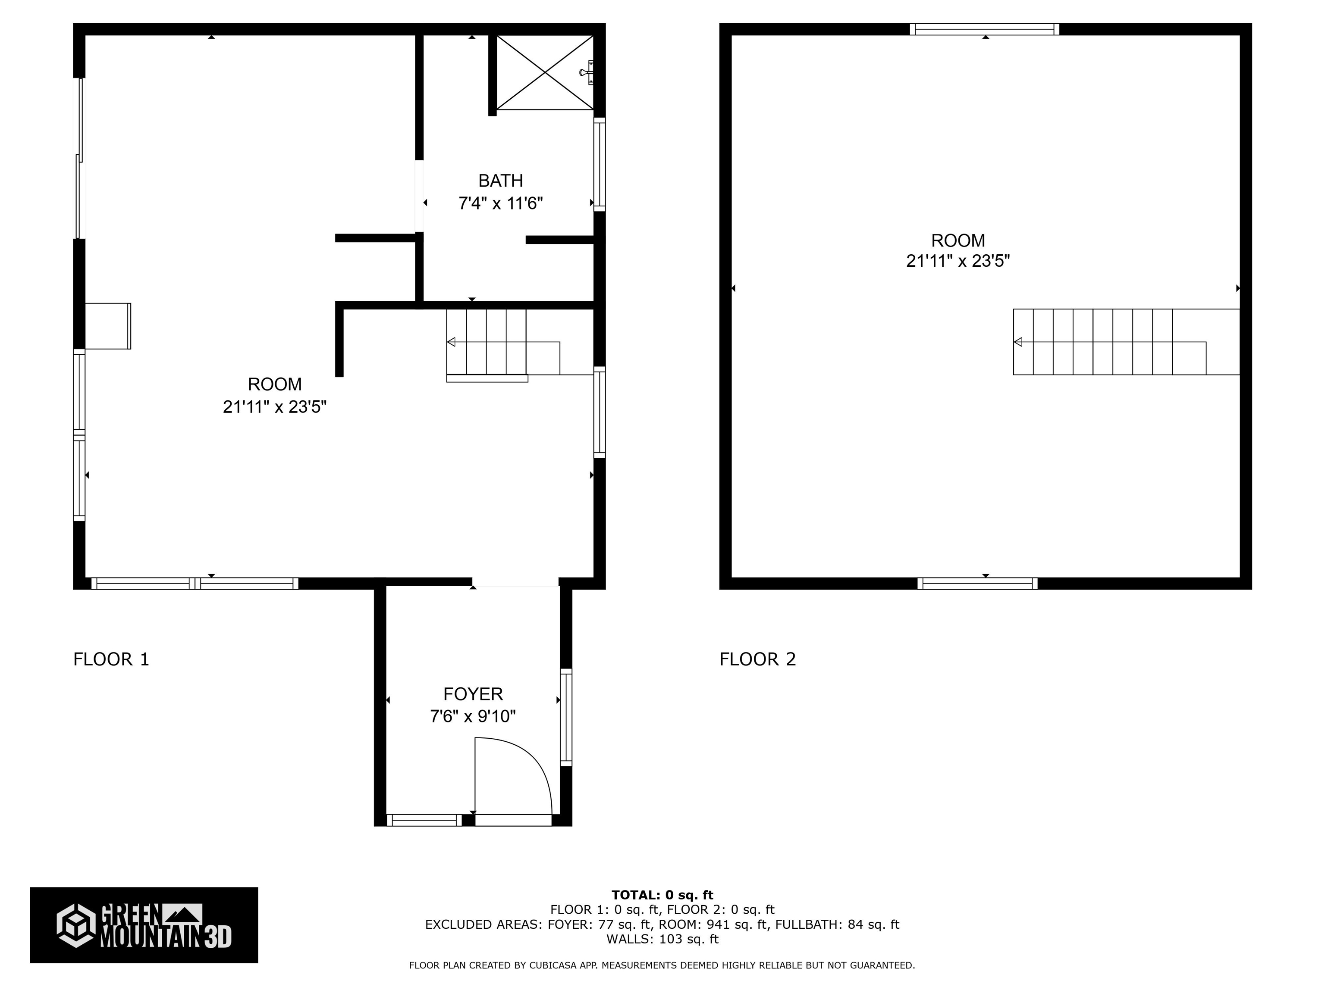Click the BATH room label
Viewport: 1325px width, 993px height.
tap(500, 180)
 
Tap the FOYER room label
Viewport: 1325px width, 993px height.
tap(473, 694)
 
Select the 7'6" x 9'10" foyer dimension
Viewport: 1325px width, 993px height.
tap(473, 716)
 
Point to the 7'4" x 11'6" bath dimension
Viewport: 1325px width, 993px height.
tap(500, 203)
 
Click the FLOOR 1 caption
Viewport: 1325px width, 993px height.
tap(111, 659)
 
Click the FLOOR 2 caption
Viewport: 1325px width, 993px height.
tap(758, 659)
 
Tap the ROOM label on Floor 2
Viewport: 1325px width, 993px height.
tap(958, 240)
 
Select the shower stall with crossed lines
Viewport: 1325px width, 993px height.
tap(544, 72)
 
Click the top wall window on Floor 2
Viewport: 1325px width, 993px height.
tap(985, 29)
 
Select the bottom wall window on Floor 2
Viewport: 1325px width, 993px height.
tap(978, 584)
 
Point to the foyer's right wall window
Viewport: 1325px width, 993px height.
tap(566, 717)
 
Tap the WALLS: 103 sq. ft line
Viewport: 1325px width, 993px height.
tap(662, 939)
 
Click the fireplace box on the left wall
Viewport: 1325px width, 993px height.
tap(108, 326)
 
